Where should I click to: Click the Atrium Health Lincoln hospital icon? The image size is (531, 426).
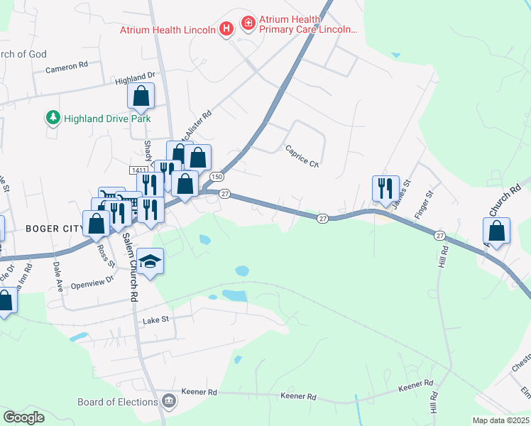[x=226, y=29]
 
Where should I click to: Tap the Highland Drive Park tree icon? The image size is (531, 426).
[x=53, y=118]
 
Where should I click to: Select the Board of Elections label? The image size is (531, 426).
[x=117, y=402]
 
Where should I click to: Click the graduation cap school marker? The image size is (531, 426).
[x=150, y=262]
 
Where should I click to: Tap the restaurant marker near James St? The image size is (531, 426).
[x=385, y=188]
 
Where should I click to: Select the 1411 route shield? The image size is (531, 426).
[x=138, y=170]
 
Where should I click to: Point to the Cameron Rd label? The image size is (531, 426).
[x=66, y=65]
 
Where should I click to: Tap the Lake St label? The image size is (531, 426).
[x=156, y=320]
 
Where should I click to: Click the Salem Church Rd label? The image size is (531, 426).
[x=130, y=268]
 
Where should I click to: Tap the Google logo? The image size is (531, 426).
[x=23, y=417]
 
